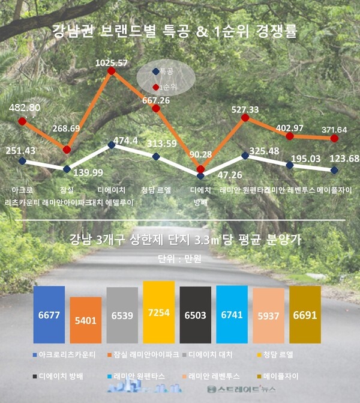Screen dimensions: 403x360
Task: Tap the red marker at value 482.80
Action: (x=23, y=121)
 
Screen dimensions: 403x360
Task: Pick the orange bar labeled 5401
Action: (x=85, y=320)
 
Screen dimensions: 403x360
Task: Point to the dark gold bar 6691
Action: (x=305, y=315)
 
